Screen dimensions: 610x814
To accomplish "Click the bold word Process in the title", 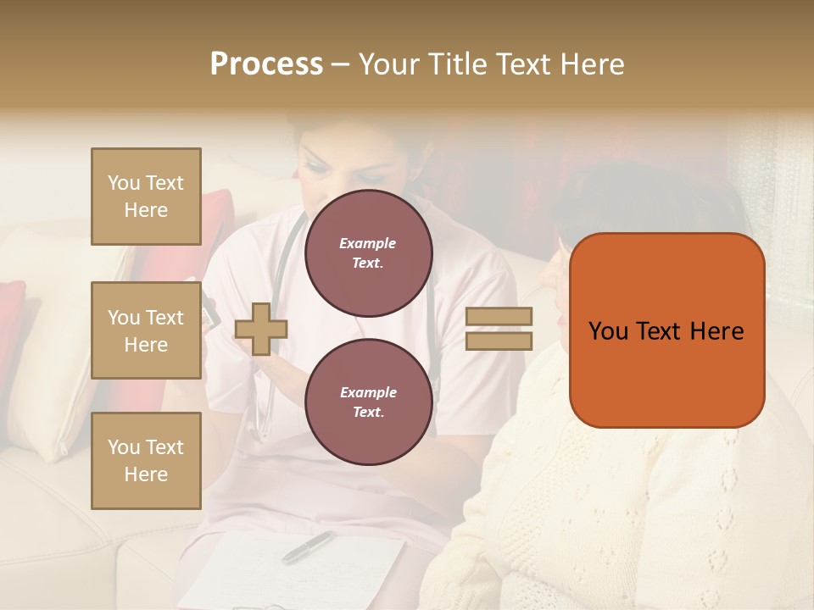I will tap(266, 64).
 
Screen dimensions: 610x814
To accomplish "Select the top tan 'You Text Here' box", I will tap(146, 197).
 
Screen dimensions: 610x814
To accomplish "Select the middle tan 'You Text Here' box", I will tap(146, 330).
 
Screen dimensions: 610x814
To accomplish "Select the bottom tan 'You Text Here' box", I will tap(146, 460).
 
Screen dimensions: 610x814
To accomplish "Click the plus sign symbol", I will tap(261, 329).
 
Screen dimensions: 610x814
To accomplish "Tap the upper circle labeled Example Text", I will tap(368, 253).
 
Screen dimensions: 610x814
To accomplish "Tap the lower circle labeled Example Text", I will tap(368, 402).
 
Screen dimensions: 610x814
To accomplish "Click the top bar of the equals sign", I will tap(499, 316).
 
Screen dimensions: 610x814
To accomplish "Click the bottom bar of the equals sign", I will tap(499, 341).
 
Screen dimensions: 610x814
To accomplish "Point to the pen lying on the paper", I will tap(308, 546).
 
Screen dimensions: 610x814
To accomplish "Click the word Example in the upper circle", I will tap(368, 244).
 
